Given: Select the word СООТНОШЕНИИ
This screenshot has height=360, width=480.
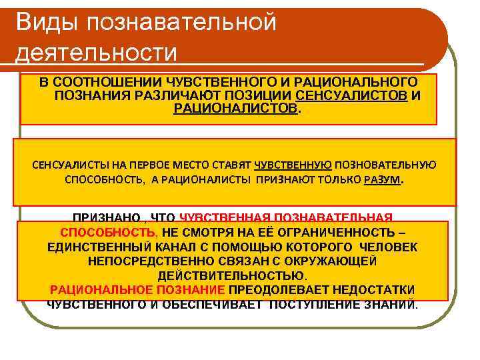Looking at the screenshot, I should coord(97,82).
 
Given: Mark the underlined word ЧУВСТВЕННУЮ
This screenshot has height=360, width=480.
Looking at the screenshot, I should coord(293,165).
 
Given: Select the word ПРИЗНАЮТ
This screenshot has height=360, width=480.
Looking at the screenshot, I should coord(289,180).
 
